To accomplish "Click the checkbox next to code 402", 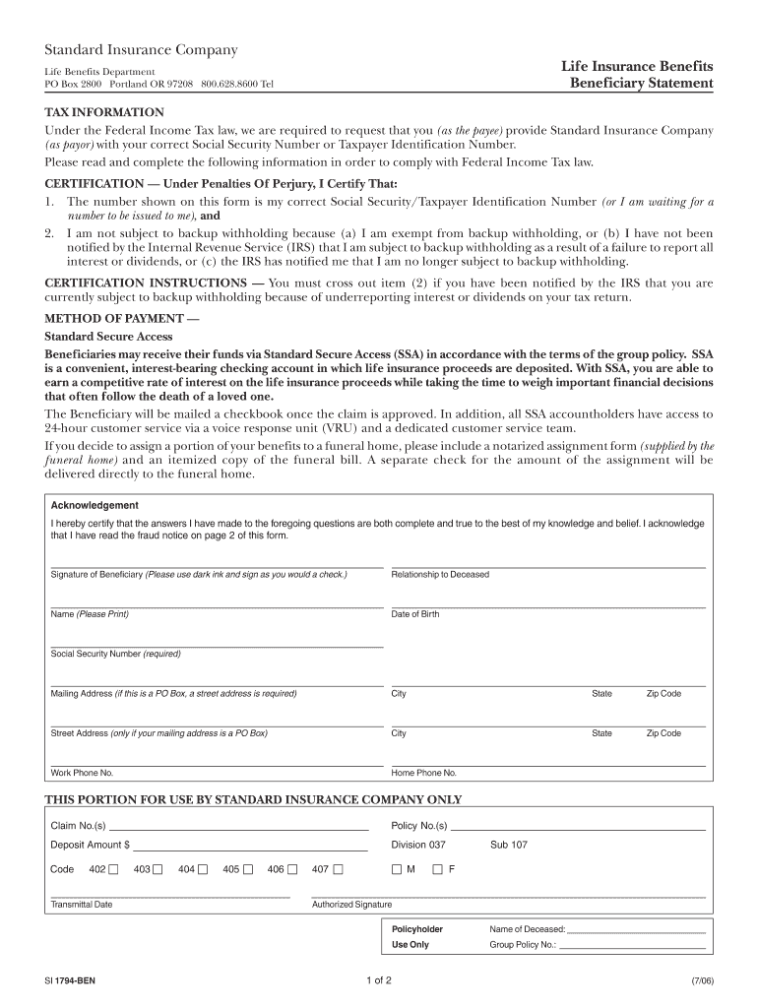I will (x=114, y=869).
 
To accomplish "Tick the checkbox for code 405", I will (x=248, y=869).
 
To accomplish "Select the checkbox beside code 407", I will (x=338, y=869).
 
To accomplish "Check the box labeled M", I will (x=397, y=869).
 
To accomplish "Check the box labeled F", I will (x=438, y=869).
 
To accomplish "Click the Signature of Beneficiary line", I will (x=217, y=562).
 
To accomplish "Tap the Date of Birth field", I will (x=547, y=601).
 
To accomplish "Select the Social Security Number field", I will (x=217, y=641).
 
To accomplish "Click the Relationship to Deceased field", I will (x=547, y=562).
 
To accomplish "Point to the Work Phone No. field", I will (x=217, y=760).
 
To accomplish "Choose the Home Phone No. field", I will (x=547, y=760).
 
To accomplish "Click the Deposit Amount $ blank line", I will (x=250, y=845).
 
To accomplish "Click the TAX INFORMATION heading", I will (x=105, y=112).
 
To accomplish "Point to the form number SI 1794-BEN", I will (x=70, y=981).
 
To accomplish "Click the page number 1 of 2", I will (x=378, y=980).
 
